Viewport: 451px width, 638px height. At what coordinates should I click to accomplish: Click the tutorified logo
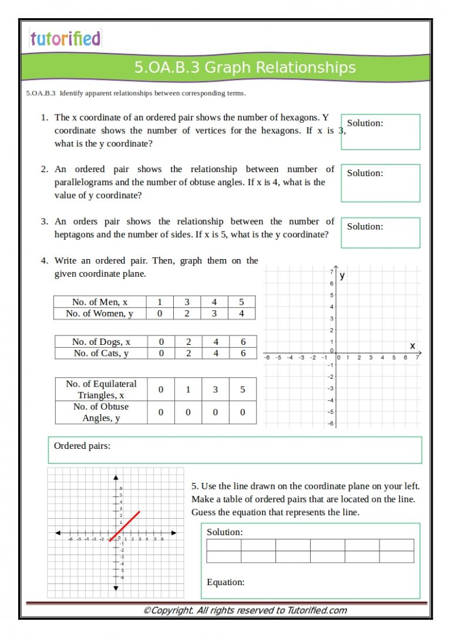pyautogui.click(x=65, y=39)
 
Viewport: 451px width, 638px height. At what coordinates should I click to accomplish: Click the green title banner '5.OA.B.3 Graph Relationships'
pyautogui.click(x=245, y=68)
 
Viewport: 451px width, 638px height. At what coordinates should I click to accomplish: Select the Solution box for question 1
pyautogui.click(x=380, y=132)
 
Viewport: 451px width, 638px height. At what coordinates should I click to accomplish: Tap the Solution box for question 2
pyautogui.click(x=380, y=183)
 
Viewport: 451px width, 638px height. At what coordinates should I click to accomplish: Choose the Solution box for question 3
pyautogui.click(x=380, y=233)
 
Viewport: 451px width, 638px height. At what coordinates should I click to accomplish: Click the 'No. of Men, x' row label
pyautogui.click(x=100, y=302)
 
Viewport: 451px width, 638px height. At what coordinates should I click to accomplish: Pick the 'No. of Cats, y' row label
pyautogui.click(x=101, y=353)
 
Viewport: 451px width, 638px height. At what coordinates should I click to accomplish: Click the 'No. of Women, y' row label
pyautogui.click(x=100, y=313)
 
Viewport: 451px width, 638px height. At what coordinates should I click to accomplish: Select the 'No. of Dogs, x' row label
pyautogui.click(x=101, y=341)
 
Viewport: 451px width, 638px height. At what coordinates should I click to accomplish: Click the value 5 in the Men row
pyautogui.click(x=241, y=302)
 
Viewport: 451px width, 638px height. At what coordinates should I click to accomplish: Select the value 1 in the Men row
pyautogui.click(x=160, y=302)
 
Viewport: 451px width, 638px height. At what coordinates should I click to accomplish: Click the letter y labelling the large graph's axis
pyautogui.click(x=342, y=275)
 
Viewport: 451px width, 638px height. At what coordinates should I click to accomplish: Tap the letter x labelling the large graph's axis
pyautogui.click(x=412, y=345)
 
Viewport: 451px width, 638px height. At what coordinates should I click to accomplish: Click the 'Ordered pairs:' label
pyautogui.click(x=82, y=446)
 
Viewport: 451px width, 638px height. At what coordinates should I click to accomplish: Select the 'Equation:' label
pyautogui.click(x=225, y=582)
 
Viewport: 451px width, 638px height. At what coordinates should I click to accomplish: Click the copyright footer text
pyautogui.click(x=245, y=610)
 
